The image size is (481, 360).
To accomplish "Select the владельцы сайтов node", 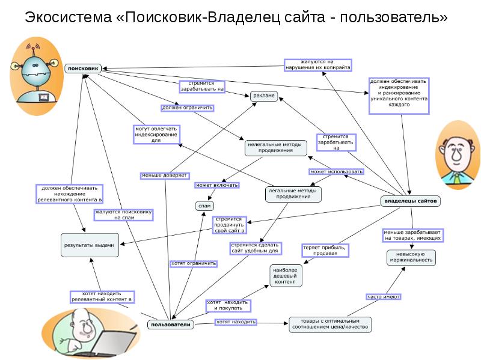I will pyautogui.click(x=411, y=200).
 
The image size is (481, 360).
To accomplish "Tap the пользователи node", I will pyautogui.click(x=171, y=325).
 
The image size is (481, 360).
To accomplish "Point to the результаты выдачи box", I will pyautogui.click(x=88, y=245).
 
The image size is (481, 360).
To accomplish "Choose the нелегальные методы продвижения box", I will pyautogui.click(x=275, y=148).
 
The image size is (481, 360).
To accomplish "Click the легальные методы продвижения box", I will pyautogui.click(x=293, y=194).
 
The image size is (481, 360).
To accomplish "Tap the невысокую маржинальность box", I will pyautogui.click(x=411, y=258).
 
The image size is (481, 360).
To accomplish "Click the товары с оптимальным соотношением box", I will pyautogui.click(x=330, y=324).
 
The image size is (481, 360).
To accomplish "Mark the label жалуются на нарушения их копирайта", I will pyautogui.click(x=317, y=65).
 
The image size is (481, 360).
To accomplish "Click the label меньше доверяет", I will pyautogui.click(x=165, y=175).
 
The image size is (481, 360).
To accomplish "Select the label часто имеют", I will pyautogui.click(x=384, y=296).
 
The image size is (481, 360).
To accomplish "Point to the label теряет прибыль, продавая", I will pyautogui.click(x=324, y=250).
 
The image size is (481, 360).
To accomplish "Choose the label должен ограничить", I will pyautogui.click(x=187, y=108).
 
